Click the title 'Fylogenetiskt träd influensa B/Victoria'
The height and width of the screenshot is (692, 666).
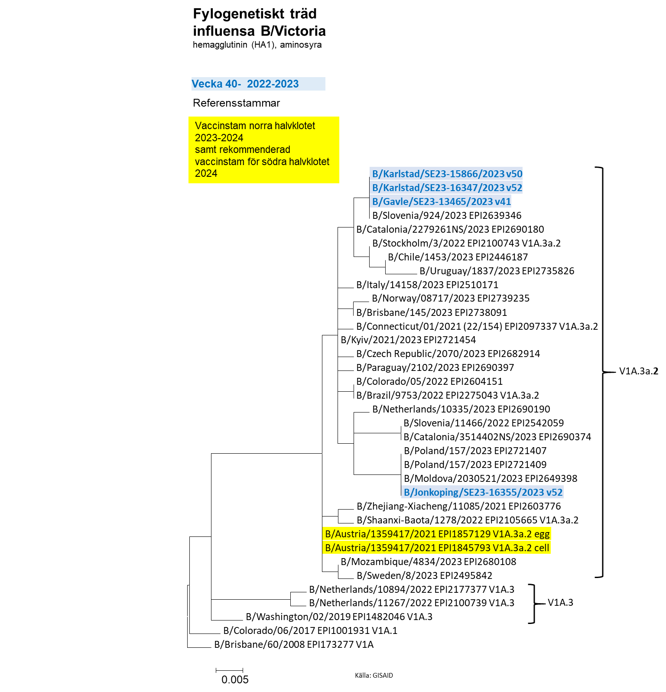tap(259, 22)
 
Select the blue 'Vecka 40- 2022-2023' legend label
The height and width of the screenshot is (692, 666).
tap(245, 84)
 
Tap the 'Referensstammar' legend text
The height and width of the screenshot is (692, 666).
tap(236, 103)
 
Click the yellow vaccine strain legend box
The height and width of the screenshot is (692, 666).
tap(264, 150)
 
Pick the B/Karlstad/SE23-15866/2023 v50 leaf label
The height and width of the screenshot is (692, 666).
tap(447, 174)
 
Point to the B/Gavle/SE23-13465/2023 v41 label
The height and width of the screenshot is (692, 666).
tap(442, 201)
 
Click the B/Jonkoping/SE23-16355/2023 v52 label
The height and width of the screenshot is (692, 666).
tap(483, 492)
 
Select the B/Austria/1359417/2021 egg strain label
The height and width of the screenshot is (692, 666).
tap(437, 534)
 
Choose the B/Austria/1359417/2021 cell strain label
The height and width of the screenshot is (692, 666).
tap(437, 548)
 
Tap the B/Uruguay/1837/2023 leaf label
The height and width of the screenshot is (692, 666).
tap(497, 271)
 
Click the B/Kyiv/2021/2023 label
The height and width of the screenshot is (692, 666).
tap(408, 340)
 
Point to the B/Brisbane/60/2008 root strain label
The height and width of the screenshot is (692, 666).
tap(294, 644)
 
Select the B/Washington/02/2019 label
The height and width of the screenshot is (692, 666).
tap(339, 617)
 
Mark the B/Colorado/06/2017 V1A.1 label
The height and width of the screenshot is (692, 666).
tap(310, 630)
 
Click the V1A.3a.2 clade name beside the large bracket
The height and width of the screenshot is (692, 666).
tap(639, 371)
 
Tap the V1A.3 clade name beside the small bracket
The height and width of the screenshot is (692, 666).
tap(560, 602)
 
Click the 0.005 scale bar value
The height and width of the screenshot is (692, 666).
tap(235, 679)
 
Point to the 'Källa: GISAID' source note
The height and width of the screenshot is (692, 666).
tap(374, 675)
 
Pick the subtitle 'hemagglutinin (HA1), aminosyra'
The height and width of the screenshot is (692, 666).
tap(257, 45)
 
